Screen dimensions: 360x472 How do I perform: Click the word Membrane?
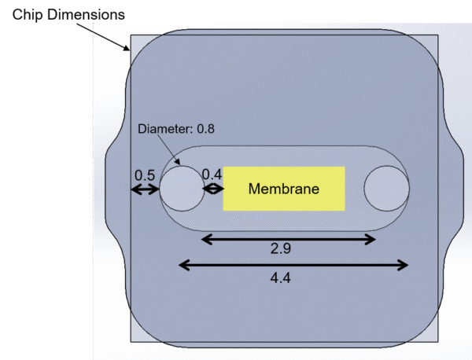point(284,189)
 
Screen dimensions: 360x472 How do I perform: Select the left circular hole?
point(182,189)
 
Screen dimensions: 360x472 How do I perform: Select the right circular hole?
point(386,189)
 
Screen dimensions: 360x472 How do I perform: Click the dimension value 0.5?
point(144,174)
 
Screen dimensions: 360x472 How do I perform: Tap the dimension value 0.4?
point(212,174)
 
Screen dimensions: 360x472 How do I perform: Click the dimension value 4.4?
point(281,277)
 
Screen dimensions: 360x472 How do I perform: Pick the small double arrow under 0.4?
point(213,189)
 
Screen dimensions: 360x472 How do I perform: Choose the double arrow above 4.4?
point(294,265)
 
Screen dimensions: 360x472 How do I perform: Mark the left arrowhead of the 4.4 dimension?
point(184,265)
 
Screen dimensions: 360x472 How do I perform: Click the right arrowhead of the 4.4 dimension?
point(404,265)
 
